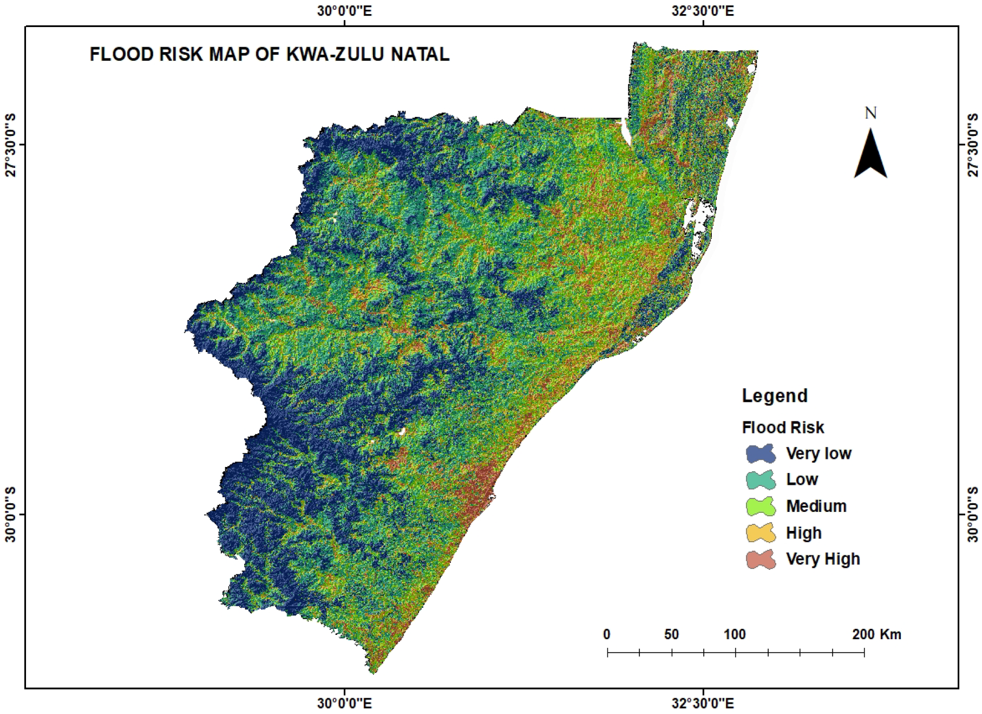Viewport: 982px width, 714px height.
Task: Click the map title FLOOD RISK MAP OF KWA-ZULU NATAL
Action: (269, 55)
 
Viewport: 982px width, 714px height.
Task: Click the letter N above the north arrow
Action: (870, 113)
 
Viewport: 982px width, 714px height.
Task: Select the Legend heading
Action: (774, 396)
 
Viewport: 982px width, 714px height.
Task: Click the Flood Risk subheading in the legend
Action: (782, 428)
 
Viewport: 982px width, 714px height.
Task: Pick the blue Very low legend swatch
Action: (761, 454)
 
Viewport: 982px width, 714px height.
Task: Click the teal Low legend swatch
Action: (761, 480)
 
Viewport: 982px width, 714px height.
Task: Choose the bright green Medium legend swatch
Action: (761, 507)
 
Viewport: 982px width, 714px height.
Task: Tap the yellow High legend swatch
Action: (761, 533)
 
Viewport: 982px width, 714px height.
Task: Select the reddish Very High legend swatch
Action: (761, 560)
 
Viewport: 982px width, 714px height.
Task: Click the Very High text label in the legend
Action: (823, 559)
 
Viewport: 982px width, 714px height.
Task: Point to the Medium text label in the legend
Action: (816, 507)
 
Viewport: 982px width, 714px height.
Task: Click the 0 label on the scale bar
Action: (607, 634)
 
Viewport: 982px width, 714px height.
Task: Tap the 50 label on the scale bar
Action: (671, 634)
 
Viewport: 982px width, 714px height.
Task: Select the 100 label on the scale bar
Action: (735, 634)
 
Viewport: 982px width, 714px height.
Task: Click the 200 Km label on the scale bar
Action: (876, 634)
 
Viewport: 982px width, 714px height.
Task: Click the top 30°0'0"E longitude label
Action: (344, 11)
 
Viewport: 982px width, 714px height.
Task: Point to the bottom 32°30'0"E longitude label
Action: (703, 704)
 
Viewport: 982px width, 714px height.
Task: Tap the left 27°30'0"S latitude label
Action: (10, 145)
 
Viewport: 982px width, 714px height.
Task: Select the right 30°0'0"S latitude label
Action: (972, 514)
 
